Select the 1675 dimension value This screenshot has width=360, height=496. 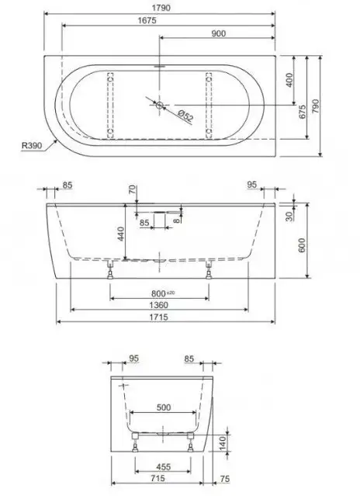[144, 21]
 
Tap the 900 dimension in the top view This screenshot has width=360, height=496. [217, 33]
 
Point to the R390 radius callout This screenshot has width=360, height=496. [32, 144]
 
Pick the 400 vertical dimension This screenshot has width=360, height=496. [289, 80]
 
